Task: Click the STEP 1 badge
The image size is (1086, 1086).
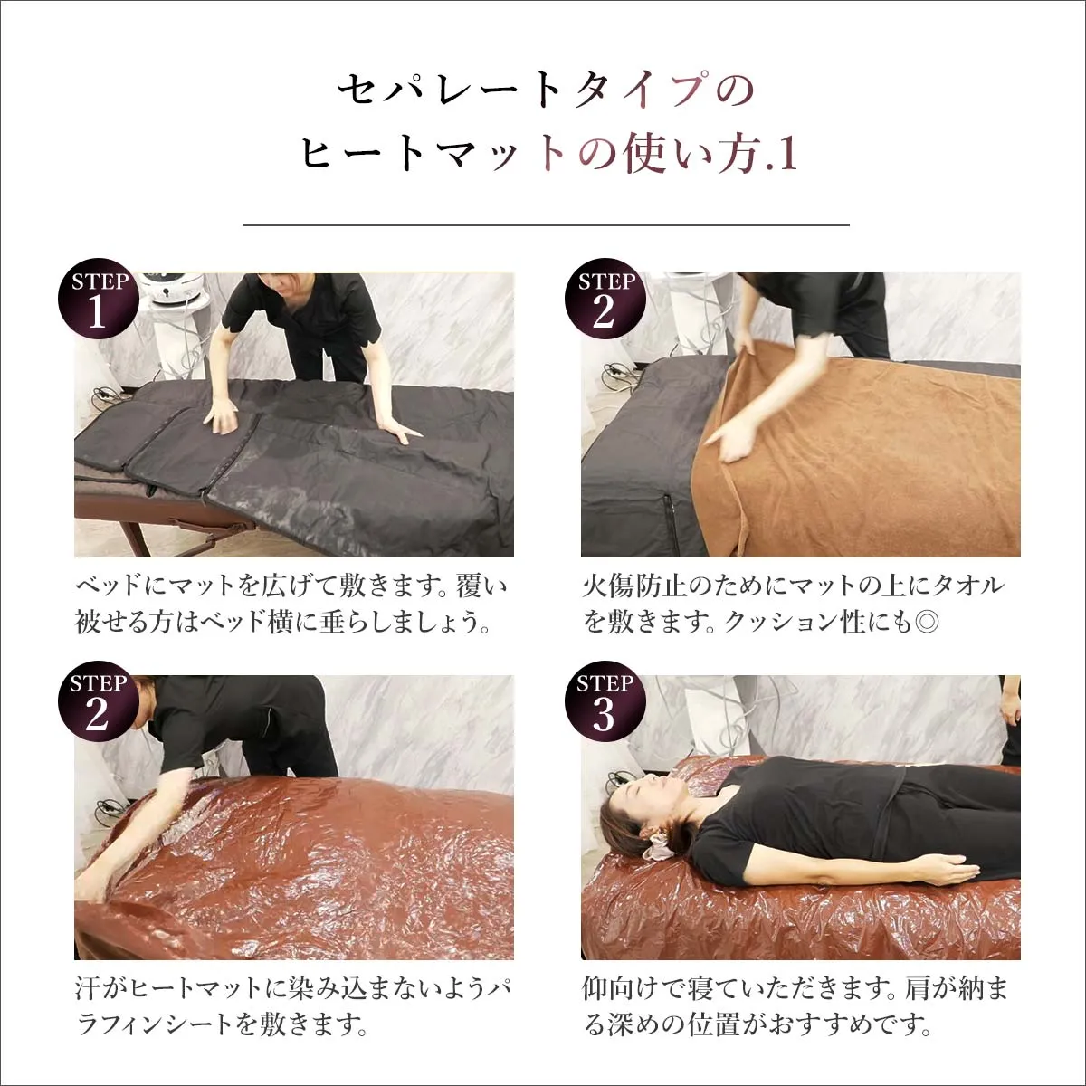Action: pos(98,299)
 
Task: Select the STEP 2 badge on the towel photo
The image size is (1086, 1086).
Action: pos(605,299)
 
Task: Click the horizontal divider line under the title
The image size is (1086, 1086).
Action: pos(546,224)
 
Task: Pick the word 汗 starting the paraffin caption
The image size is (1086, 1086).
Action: pos(88,988)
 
